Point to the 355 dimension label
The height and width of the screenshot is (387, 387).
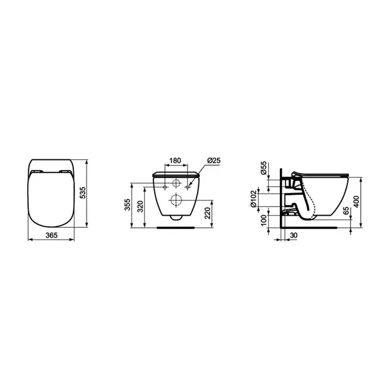pos(128,205)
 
